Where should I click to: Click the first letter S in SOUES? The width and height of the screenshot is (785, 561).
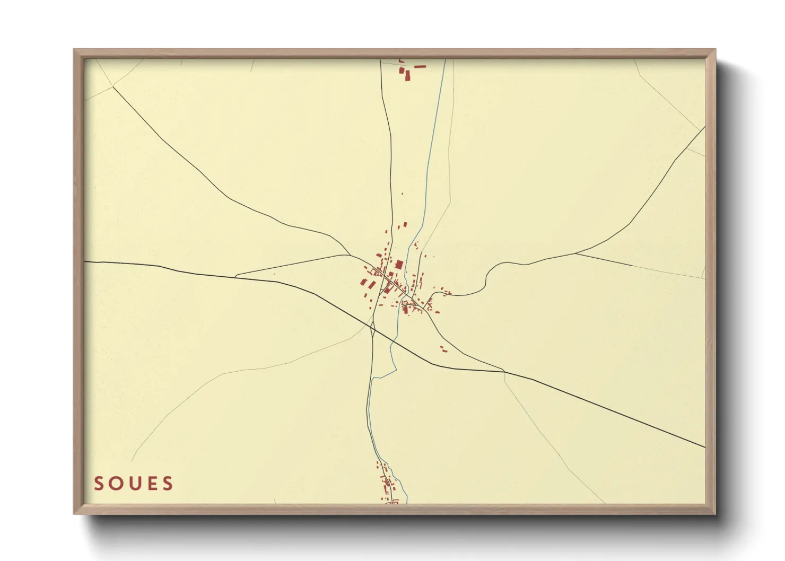(99, 484)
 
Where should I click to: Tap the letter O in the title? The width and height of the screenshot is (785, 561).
(116, 484)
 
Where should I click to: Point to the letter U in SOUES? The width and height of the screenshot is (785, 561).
(134, 484)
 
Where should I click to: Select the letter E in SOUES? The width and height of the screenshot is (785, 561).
(152, 484)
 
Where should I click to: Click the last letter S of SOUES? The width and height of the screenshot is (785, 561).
(168, 484)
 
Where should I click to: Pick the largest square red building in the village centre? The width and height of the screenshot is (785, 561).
(399, 264)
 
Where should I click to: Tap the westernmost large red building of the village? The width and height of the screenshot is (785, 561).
(364, 283)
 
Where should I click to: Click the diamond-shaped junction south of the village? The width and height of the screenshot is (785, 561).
(373, 331)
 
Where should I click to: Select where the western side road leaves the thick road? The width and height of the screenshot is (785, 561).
(235, 276)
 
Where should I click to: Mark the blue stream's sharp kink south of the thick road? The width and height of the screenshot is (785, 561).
(373, 378)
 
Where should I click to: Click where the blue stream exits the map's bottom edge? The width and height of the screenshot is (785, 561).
(407, 503)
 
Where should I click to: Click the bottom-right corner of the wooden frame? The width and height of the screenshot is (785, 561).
(715, 513)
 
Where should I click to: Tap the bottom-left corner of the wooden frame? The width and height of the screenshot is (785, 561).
(74, 513)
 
